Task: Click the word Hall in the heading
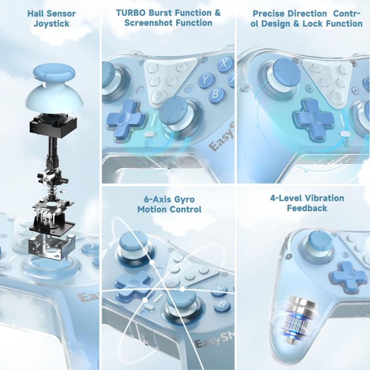tap(35, 13)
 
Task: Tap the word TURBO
tap(131, 13)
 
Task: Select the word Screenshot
tap(148, 23)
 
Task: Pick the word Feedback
tap(307, 208)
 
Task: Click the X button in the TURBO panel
tap(225, 64)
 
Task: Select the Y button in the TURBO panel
tap(206, 80)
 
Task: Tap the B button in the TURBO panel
tap(216, 94)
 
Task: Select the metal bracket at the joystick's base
tap(52, 247)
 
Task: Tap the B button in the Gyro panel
tap(222, 305)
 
